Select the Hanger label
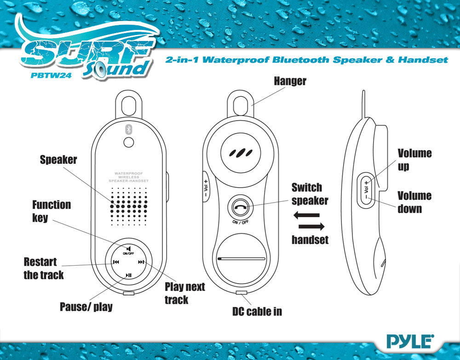pyautogui.click(x=290, y=81)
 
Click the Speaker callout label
pyautogui.click(x=58, y=160)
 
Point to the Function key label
pyautogui.click(x=51, y=211)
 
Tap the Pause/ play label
pyautogui.click(x=86, y=307)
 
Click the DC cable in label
pyautogui.click(x=257, y=312)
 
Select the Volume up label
pyautogui.click(x=414, y=160)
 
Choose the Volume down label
pyautogui.click(x=414, y=202)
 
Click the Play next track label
pyautogui.click(x=184, y=293)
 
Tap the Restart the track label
pyautogui.click(x=43, y=268)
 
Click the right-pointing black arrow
pyautogui.click(x=312, y=226)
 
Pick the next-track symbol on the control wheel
pyautogui.click(x=142, y=263)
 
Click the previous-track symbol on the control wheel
pyautogui.click(x=116, y=263)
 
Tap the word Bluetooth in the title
pyautogui.click(x=299, y=60)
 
